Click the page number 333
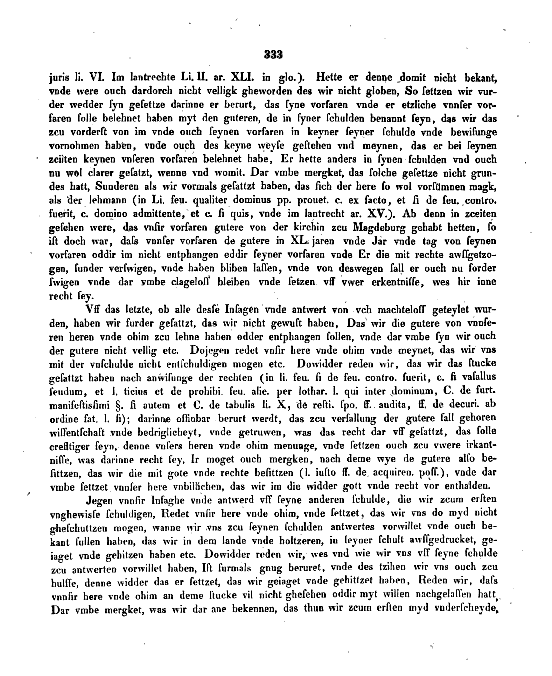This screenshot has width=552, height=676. coord(273,55)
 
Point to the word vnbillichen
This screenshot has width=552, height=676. coord(199,487)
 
